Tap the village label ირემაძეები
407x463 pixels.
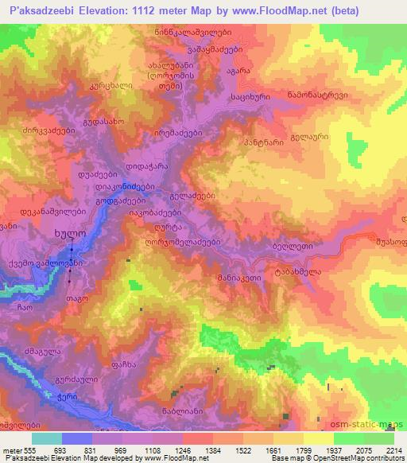pos(173,133)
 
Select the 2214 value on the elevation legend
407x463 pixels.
pos(394,450)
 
